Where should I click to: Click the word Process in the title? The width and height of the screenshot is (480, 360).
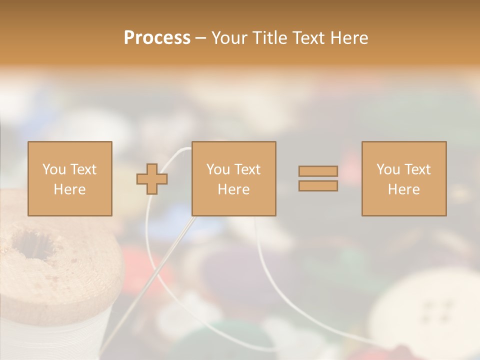point(157,38)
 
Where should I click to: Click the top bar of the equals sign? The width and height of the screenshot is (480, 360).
point(318,171)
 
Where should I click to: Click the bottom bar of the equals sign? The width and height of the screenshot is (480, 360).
point(318,186)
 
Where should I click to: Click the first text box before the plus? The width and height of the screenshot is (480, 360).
point(69,178)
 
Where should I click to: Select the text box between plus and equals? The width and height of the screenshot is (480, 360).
point(233,178)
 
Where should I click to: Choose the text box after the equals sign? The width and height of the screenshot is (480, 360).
point(403,178)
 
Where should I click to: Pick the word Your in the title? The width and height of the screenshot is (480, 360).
point(230,38)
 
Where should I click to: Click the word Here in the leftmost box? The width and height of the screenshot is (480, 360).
point(69,189)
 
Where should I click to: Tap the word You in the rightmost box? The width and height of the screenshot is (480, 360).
point(388,169)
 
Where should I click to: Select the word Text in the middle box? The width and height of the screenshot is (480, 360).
point(247,169)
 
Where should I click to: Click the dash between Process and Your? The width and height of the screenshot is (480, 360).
point(201,38)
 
